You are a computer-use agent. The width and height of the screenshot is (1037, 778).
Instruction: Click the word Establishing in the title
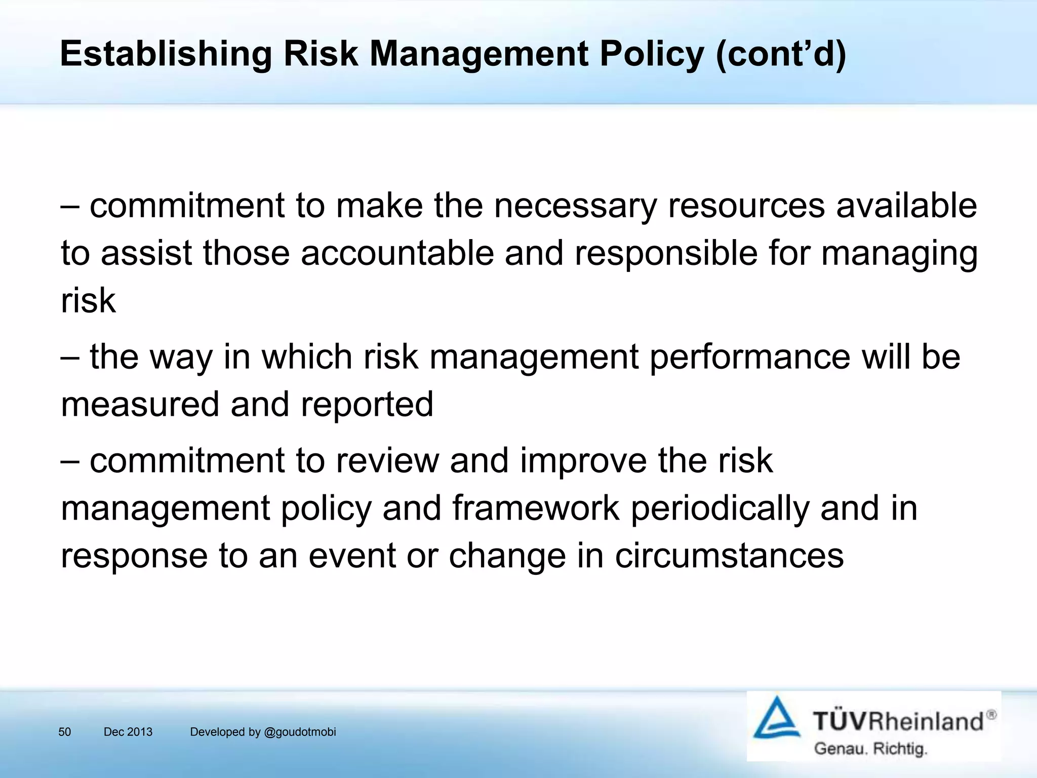[x=166, y=54]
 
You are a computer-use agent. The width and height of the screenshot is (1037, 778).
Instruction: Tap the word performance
[x=750, y=357]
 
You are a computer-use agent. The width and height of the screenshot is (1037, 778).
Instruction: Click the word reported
[x=367, y=404]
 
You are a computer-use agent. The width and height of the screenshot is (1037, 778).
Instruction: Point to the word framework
[x=536, y=508]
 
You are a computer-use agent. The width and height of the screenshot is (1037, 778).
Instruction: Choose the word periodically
[x=720, y=508]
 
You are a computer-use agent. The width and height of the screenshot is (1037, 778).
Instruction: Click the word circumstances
[x=729, y=556]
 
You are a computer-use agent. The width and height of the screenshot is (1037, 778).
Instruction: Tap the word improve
[x=583, y=461]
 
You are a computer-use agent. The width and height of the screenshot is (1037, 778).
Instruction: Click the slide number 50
[x=65, y=732]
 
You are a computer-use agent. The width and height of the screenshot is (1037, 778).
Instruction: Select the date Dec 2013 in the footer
[x=128, y=732]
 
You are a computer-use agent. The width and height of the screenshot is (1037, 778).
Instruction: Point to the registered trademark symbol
[x=991, y=715]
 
